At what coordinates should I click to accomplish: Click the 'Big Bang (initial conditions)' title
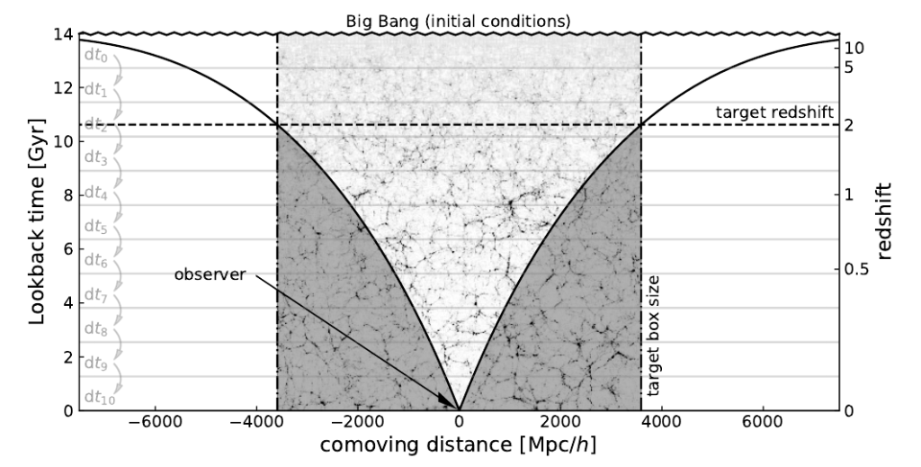(x=459, y=19)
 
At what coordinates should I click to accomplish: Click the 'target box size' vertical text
(x=654, y=337)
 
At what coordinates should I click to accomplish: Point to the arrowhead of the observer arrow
(x=452, y=403)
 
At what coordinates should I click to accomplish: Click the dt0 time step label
(x=95, y=57)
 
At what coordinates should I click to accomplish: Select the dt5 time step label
(x=95, y=228)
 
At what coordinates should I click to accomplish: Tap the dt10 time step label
(x=98, y=397)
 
